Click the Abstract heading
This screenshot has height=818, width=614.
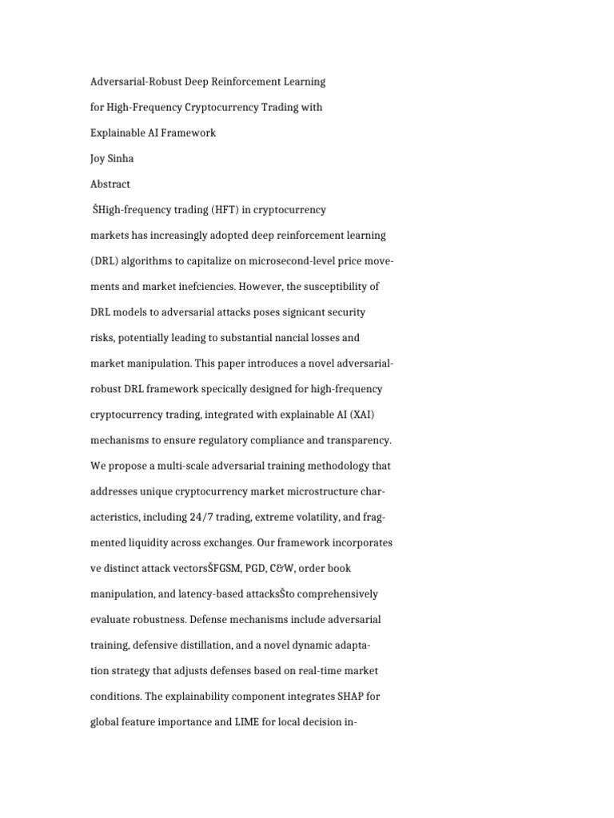click(x=110, y=184)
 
